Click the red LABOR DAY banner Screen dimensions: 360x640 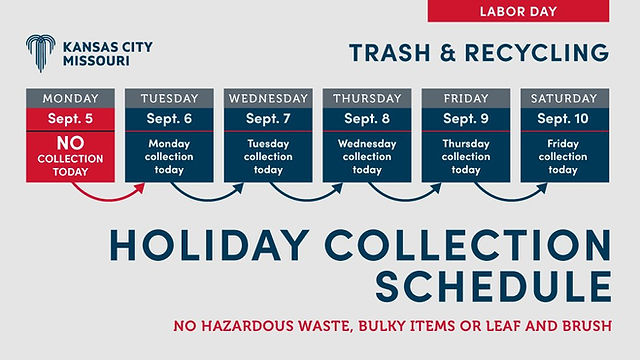point(518,11)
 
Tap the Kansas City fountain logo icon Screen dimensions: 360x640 point(40,53)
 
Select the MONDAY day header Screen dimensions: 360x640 point(70,99)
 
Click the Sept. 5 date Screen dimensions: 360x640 point(70,119)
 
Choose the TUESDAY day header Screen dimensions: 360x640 point(169,99)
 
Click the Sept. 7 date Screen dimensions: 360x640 point(267,119)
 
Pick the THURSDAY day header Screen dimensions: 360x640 point(366,99)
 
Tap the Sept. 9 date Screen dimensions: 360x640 point(465,119)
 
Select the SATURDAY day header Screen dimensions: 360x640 point(564,99)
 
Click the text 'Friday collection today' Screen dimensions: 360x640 point(564,156)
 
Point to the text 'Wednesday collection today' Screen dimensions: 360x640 point(366,156)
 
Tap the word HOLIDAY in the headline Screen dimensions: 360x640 point(216,246)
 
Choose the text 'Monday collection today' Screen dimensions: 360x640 point(169,156)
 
